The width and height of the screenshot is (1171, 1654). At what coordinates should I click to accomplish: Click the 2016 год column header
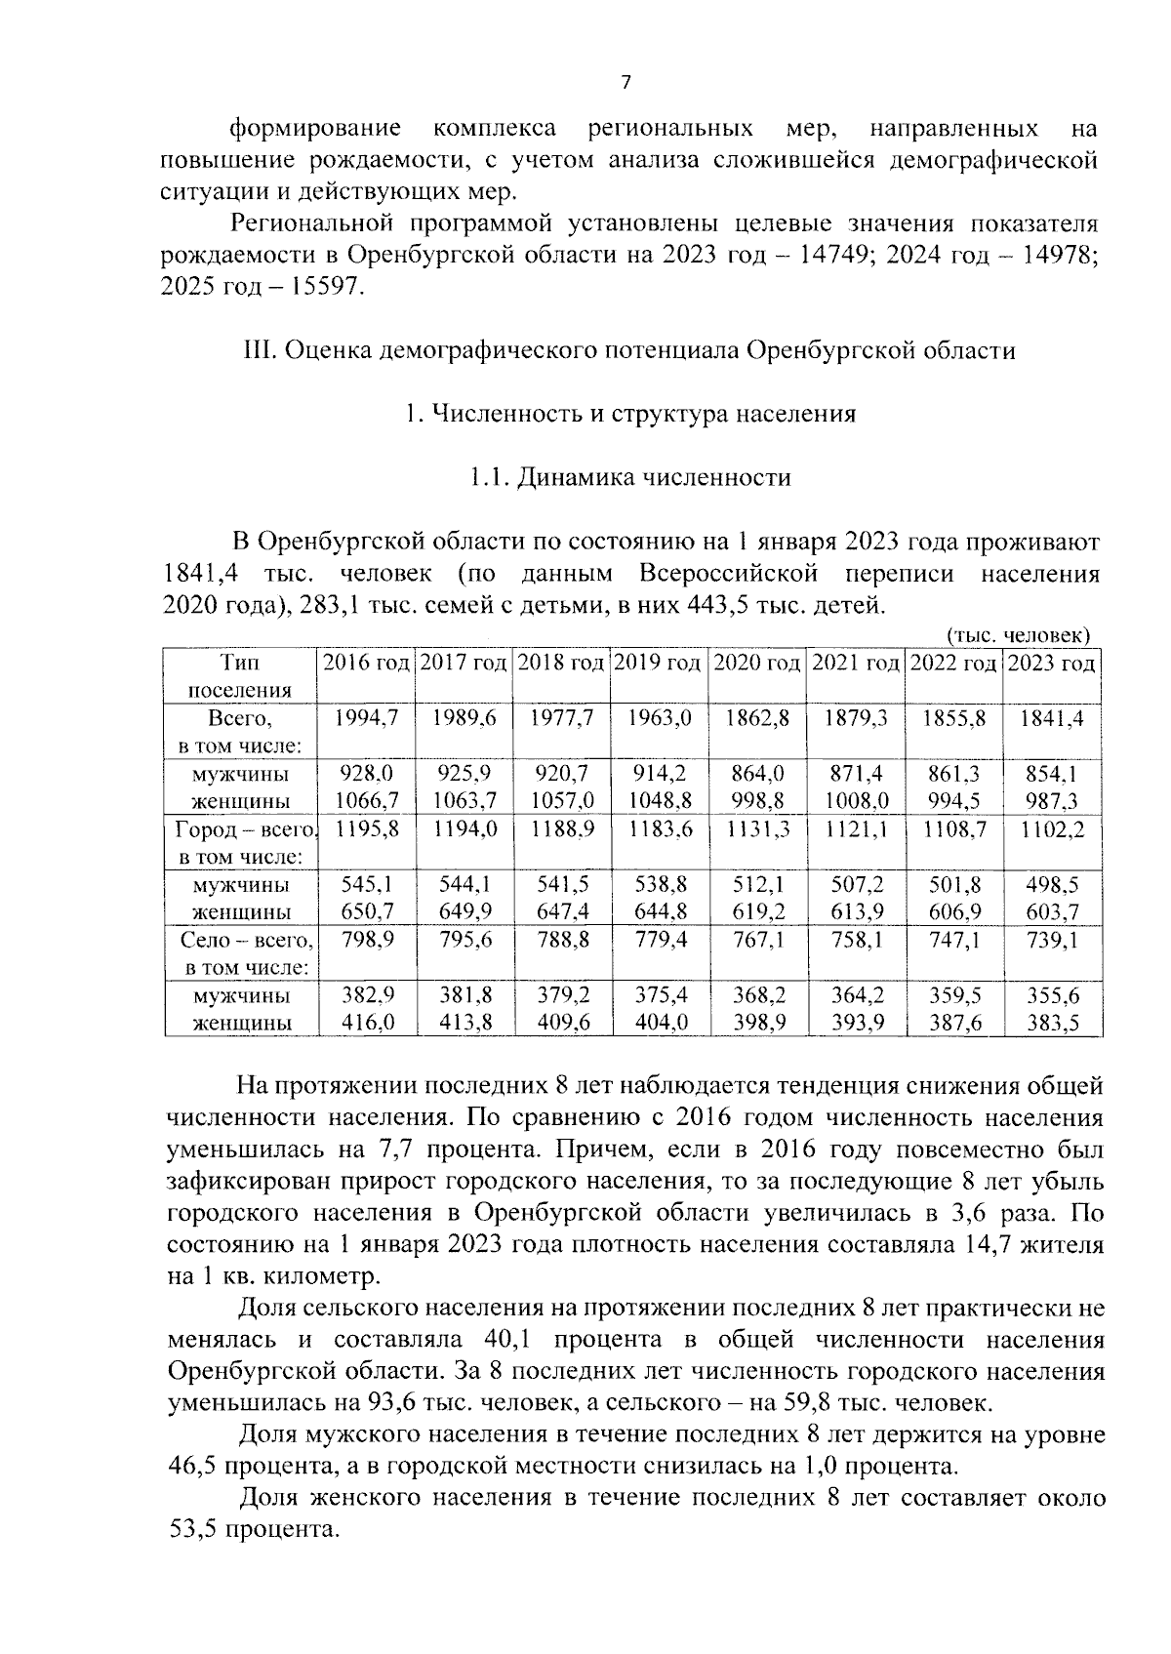pyautogui.click(x=366, y=664)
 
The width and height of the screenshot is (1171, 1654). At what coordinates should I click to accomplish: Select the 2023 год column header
pyautogui.click(x=1051, y=664)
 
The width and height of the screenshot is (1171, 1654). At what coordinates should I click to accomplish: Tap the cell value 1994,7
pyautogui.click(x=366, y=719)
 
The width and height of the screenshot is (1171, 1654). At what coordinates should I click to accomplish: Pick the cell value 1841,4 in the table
pyautogui.click(x=1051, y=719)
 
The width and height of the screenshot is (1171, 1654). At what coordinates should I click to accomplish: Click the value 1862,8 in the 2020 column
pyautogui.click(x=757, y=719)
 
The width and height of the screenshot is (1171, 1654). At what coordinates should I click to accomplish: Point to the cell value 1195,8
pyautogui.click(x=366, y=830)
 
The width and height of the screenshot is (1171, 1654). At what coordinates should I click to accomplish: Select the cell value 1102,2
pyautogui.click(x=1051, y=830)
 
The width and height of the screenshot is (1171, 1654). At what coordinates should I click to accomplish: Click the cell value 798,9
pyautogui.click(x=366, y=942)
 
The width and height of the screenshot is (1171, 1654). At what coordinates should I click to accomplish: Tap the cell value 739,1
pyautogui.click(x=1051, y=942)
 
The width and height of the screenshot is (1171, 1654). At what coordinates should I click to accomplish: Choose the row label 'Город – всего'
pyautogui.click(x=245, y=830)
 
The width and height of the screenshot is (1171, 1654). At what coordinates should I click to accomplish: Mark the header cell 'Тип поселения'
pyautogui.click(x=240, y=676)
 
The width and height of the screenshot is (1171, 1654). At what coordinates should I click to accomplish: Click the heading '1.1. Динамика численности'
pyautogui.click(x=628, y=477)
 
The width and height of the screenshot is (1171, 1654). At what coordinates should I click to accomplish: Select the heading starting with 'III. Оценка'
pyautogui.click(x=628, y=350)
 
